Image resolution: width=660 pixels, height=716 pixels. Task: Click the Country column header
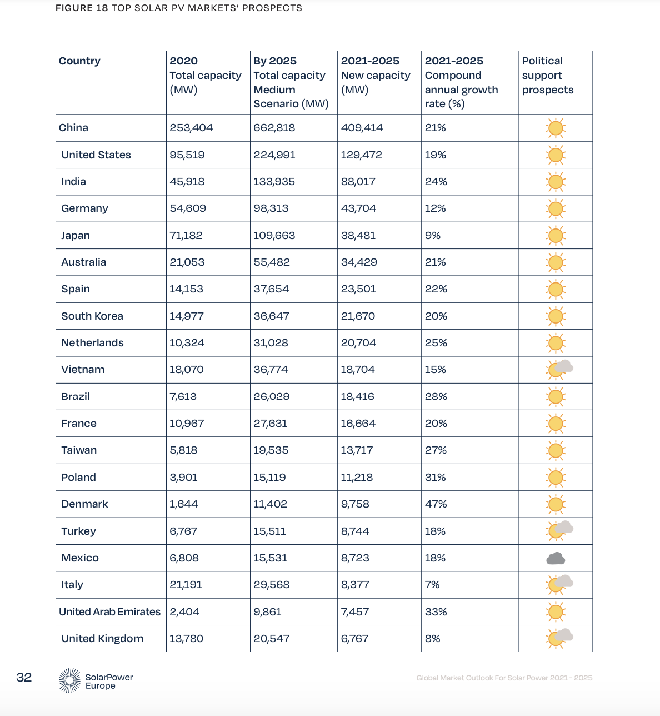click(x=79, y=61)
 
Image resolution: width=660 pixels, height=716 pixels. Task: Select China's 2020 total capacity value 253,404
click(x=191, y=128)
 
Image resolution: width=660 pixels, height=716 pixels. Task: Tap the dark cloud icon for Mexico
click(x=556, y=559)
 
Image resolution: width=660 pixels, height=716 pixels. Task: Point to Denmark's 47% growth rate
click(x=436, y=504)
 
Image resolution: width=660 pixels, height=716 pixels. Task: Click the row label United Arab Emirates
click(x=109, y=612)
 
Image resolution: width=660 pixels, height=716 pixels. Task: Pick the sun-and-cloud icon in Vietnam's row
click(x=559, y=369)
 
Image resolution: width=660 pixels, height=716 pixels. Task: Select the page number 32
click(x=24, y=677)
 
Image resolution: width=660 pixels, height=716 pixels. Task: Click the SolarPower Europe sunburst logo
click(x=69, y=680)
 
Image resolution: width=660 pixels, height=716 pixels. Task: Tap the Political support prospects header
click(x=547, y=76)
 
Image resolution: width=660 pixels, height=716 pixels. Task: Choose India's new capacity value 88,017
click(x=358, y=182)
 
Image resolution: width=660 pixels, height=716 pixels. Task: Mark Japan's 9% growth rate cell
click(x=432, y=236)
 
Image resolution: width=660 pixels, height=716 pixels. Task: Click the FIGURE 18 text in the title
click(x=82, y=8)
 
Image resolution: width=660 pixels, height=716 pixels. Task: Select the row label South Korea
click(x=92, y=316)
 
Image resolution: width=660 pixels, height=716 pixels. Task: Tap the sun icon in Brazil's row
click(x=556, y=397)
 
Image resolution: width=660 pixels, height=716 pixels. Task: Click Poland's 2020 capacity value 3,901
click(x=183, y=478)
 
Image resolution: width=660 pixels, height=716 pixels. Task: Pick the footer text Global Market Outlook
click(x=504, y=678)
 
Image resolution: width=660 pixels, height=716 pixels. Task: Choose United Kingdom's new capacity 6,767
click(x=354, y=639)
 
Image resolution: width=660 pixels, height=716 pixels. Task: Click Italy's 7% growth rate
click(x=432, y=585)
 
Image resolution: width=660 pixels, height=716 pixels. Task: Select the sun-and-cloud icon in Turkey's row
click(x=559, y=530)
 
